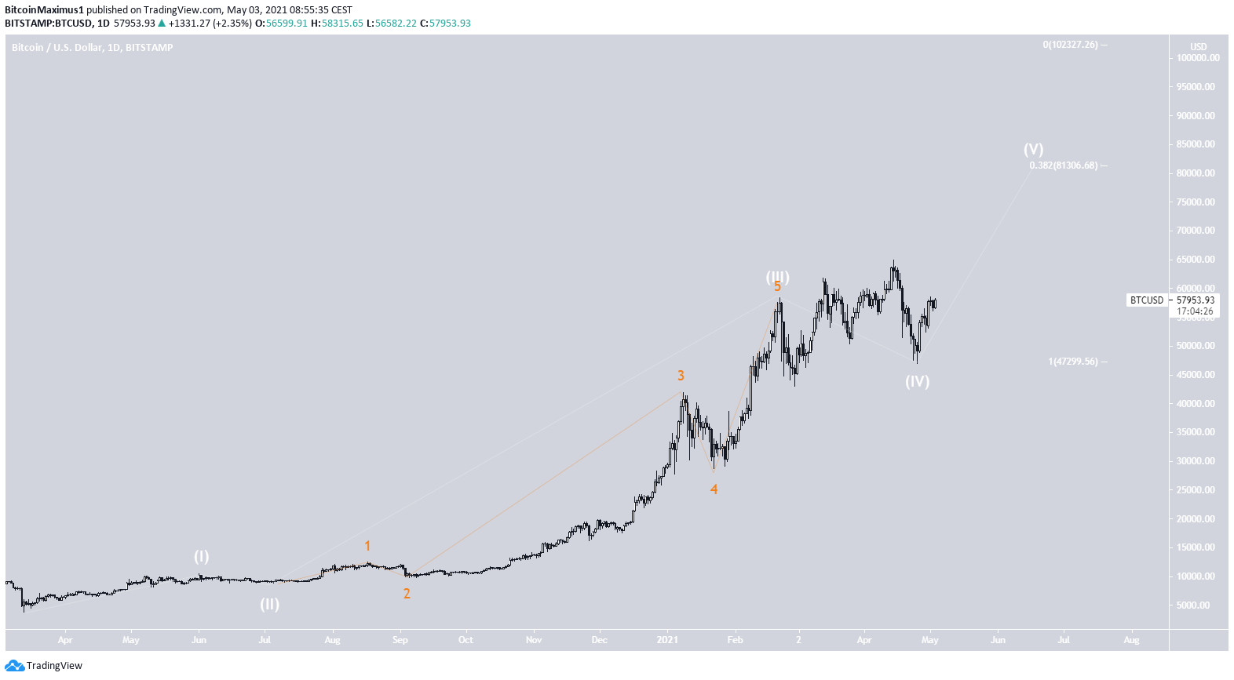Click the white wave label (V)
(x=1033, y=149)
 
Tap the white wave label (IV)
(x=917, y=381)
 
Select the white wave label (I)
(x=202, y=556)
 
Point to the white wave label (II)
(x=269, y=604)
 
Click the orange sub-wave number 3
(x=681, y=376)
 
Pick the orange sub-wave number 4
(x=714, y=489)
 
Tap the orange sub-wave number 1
(x=367, y=546)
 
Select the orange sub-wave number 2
(x=407, y=594)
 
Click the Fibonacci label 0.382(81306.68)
(x=1064, y=165)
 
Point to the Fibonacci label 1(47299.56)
(x=1073, y=362)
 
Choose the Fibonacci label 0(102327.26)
(x=1070, y=45)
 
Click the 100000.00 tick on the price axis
(x=1197, y=58)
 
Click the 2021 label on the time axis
(x=667, y=640)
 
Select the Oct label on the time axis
(x=465, y=640)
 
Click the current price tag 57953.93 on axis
(x=1195, y=300)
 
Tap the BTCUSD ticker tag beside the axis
(x=1146, y=300)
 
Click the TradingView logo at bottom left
(x=44, y=666)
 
